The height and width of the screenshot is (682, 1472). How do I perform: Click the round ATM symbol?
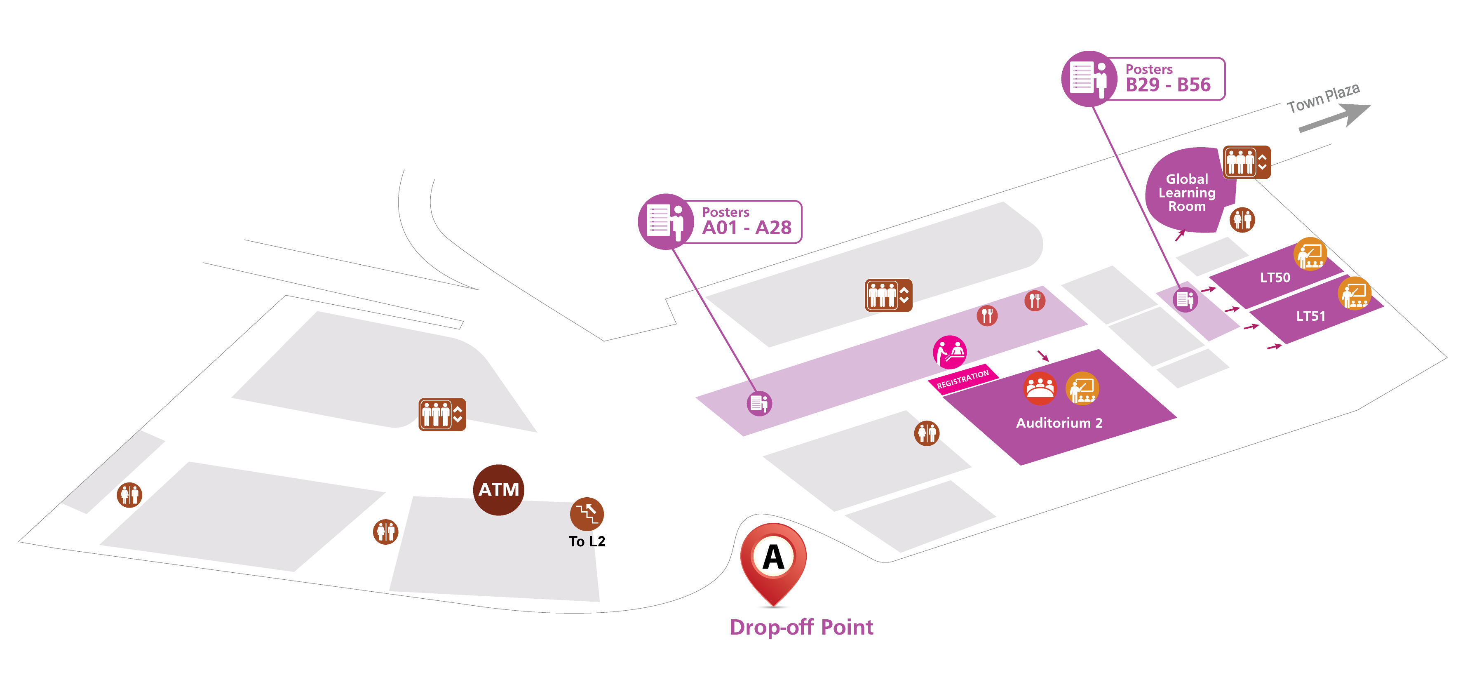pos(498,490)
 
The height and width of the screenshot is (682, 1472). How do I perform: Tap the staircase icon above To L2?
pos(587,513)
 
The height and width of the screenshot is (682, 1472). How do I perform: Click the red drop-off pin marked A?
pos(773,560)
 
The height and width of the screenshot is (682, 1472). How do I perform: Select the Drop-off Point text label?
pos(801,627)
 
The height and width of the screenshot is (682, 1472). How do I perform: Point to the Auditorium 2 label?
pos(1059,423)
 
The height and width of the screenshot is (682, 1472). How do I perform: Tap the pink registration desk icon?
pos(950,352)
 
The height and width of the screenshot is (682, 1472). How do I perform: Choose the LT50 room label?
pos(1275,278)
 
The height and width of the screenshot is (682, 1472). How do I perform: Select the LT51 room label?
pos(1310,316)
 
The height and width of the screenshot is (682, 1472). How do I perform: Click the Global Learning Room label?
pos(1186,193)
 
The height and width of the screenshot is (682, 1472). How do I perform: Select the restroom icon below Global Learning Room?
pos(1242,219)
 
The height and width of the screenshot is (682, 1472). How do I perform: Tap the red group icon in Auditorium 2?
pos(1040,388)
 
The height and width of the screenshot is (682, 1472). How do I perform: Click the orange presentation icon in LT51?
pos(1354,293)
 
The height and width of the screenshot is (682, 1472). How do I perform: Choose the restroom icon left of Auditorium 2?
pos(926,433)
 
